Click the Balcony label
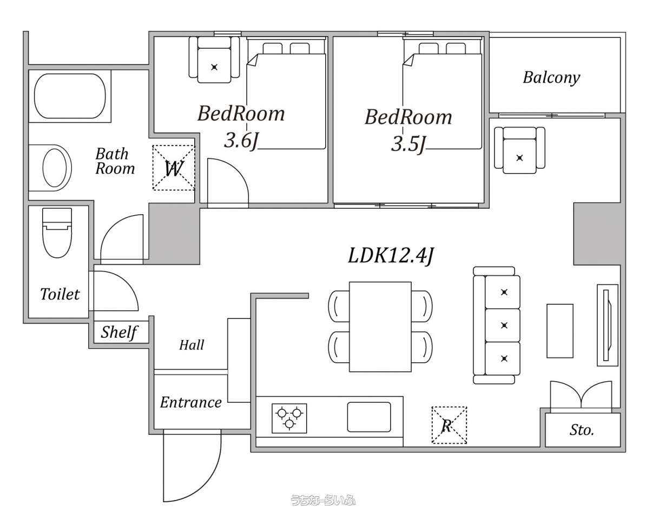551,77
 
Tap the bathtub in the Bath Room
70,97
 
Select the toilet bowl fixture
57,232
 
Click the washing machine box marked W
174,168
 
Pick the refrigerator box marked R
449,425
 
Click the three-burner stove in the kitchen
289,418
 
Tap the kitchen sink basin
369,416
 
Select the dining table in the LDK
380,327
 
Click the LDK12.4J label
391,256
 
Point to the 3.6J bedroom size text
241,141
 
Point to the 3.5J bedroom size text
408,144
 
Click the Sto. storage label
582,430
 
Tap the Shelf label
119,332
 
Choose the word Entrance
191,402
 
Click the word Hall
192,345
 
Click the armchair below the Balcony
519,150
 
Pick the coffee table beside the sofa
560,331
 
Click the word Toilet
60,294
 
